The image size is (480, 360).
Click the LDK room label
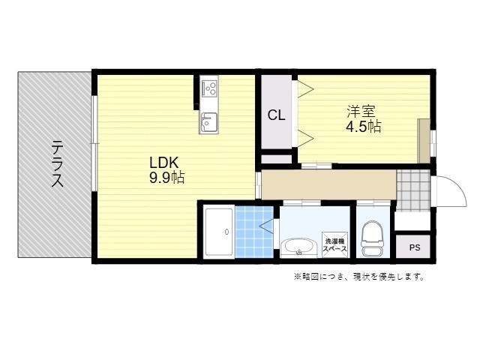pyautogui.click(x=163, y=163)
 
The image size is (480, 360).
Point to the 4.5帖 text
pyautogui.click(x=363, y=127)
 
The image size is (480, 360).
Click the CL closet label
pyautogui.click(x=277, y=115)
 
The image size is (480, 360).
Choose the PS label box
pyautogui.click(x=413, y=247)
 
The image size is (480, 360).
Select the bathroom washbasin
pyautogui.click(x=299, y=246)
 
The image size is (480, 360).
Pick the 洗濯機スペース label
pyautogui.click(x=334, y=244)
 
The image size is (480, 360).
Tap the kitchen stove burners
pyautogui.click(x=208, y=89)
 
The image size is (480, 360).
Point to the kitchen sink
pyautogui.click(x=208, y=121)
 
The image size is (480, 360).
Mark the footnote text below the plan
pyautogui.click(x=359, y=277)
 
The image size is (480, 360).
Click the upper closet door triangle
pyautogui.click(x=305, y=90)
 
